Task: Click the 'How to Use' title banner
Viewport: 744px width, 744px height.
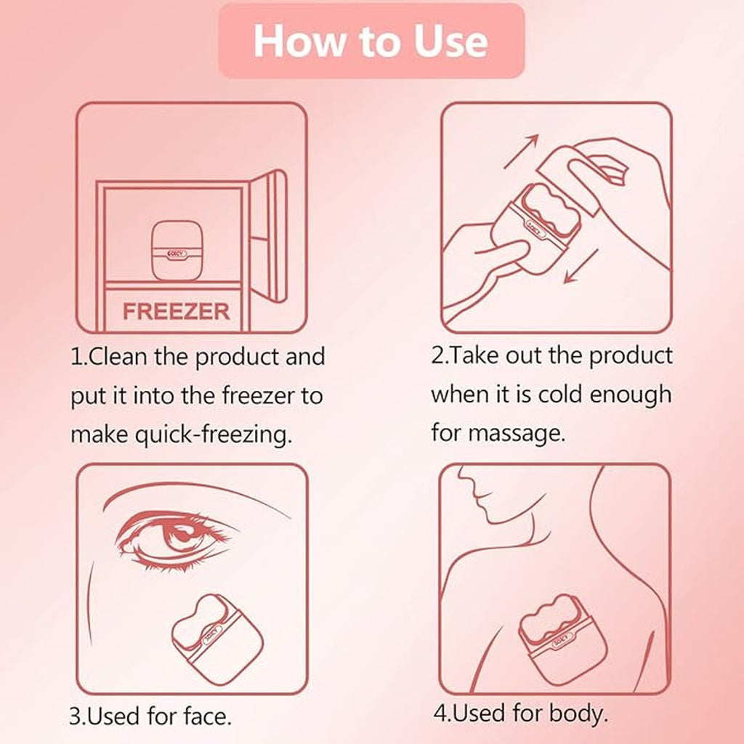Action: pyautogui.click(x=371, y=41)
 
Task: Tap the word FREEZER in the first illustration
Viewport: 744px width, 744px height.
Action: pyautogui.click(x=176, y=311)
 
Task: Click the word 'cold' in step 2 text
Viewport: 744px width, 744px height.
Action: pyautogui.click(x=560, y=395)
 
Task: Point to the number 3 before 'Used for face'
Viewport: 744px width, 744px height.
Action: pyautogui.click(x=75, y=717)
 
